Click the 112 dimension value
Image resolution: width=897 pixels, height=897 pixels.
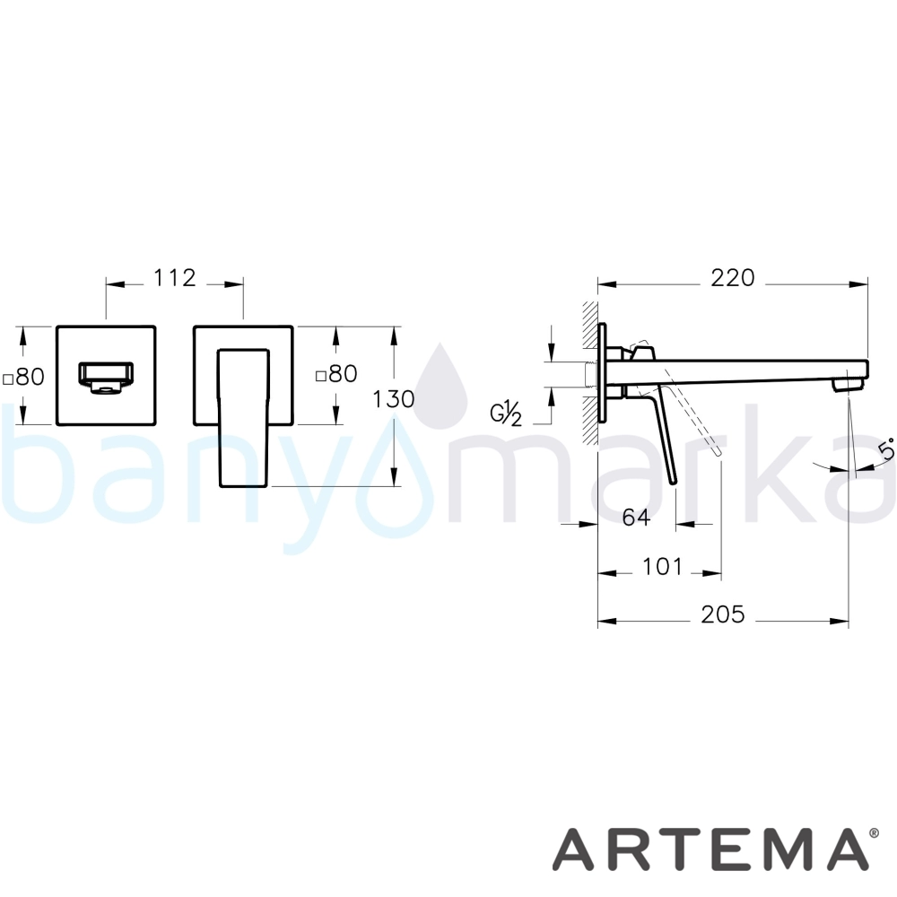pyautogui.click(x=175, y=278)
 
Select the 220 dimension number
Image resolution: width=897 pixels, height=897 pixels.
pyautogui.click(x=733, y=278)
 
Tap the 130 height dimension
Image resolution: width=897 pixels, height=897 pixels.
pyautogui.click(x=394, y=399)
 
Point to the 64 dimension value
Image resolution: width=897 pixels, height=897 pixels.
pyautogui.click(x=636, y=518)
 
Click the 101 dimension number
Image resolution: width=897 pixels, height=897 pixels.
pyautogui.click(x=663, y=567)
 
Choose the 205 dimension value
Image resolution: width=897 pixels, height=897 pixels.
pyautogui.click(x=723, y=614)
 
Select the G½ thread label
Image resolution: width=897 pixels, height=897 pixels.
pyautogui.click(x=506, y=414)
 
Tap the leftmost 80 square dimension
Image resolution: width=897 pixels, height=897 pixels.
pyautogui.click(x=24, y=377)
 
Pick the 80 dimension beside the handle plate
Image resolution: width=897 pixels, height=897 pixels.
pyautogui.click(x=337, y=373)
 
